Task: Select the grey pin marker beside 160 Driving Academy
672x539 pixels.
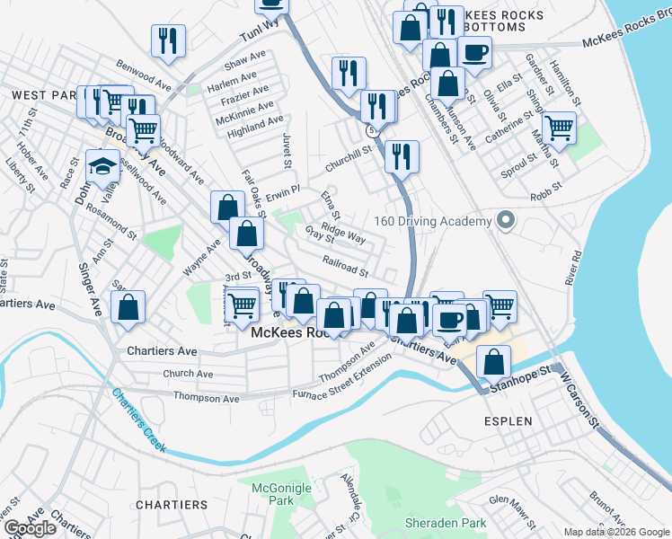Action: pyautogui.click(x=506, y=220)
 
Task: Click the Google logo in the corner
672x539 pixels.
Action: pyautogui.click(x=30, y=528)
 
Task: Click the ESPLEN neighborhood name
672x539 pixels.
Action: pyautogui.click(x=508, y=420)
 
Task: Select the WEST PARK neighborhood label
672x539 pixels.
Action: pyautogui.click(x=40, y=94)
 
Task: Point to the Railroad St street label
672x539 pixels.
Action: pyautogui.click(x=346, y=266)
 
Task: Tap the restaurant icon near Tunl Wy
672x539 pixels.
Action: pyautogui.click(x=169, y=40)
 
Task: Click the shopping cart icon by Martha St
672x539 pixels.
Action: pyautogui.click(x=559, y=128)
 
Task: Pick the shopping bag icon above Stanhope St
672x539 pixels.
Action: pyautogui.click(x=493, y=361)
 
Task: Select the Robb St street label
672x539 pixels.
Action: pyautogui.click(x=545, y=190)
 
